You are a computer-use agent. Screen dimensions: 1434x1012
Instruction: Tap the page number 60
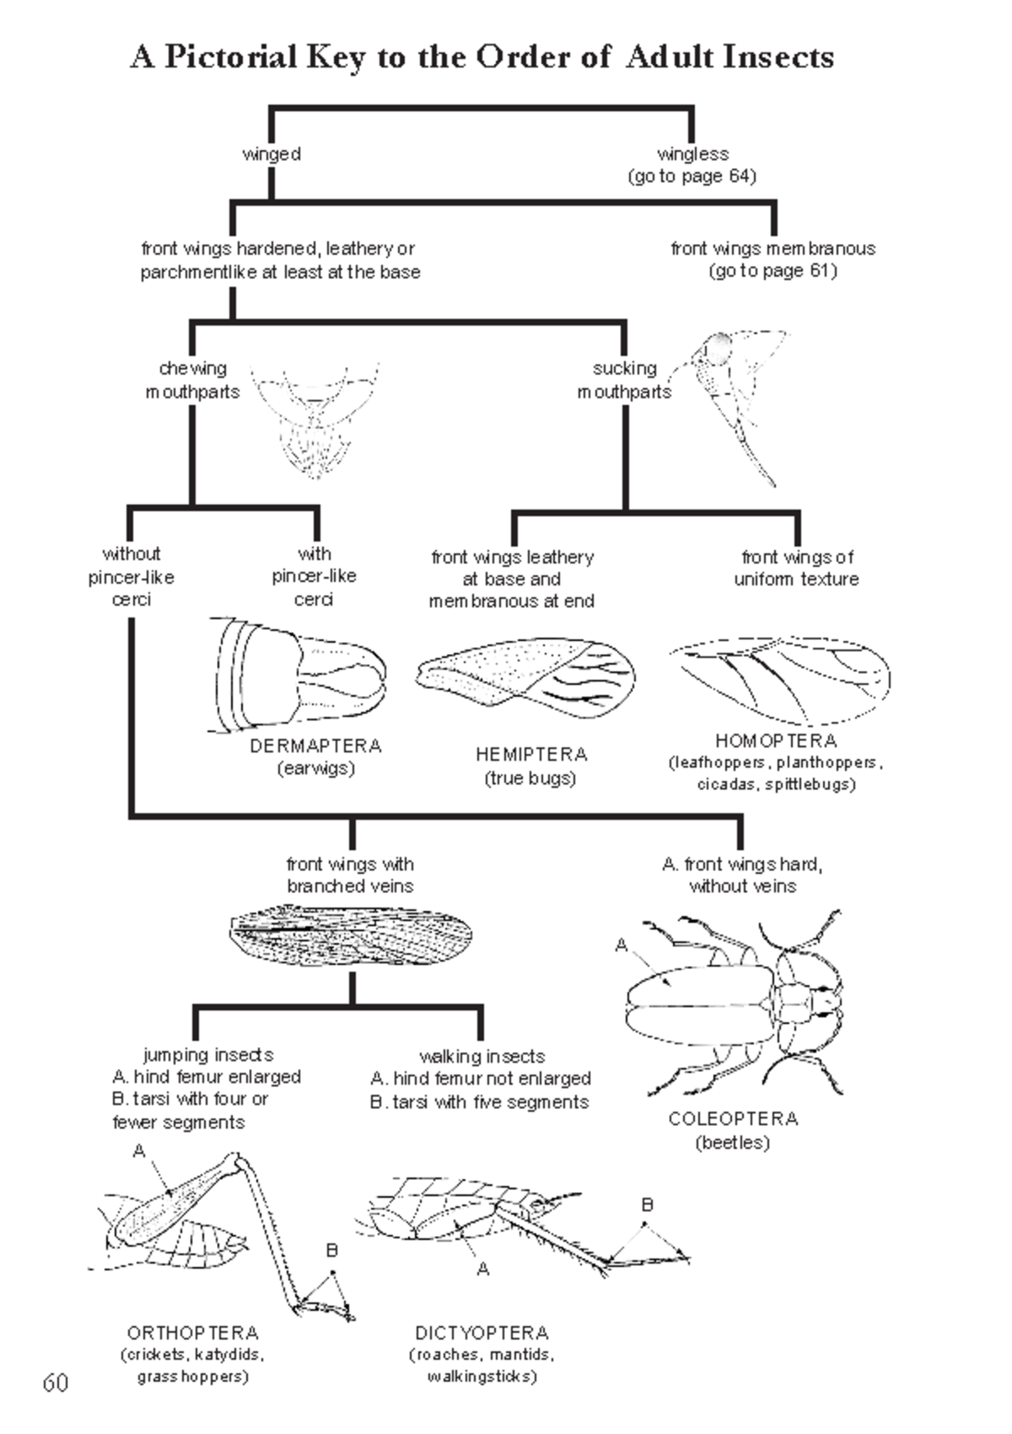56,1383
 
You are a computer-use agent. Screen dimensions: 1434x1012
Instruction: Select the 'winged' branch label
272,154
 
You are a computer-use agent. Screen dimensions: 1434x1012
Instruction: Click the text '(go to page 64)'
692,176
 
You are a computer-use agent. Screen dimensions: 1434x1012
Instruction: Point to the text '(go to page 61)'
772,271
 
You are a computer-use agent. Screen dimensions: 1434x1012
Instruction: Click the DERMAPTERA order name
315,747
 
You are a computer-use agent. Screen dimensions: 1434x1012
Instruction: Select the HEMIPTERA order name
530,755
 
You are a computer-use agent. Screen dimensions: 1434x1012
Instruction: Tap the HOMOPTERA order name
776,741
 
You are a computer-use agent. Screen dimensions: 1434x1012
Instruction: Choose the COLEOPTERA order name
733,1119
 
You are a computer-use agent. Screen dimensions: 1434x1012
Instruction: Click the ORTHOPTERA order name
192,1334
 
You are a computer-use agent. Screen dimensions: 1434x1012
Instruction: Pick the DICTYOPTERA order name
482,1334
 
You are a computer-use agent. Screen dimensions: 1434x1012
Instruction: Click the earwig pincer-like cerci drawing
299,672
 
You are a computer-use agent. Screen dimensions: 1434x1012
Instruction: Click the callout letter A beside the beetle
622,946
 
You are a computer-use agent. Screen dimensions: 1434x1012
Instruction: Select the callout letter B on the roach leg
647,1205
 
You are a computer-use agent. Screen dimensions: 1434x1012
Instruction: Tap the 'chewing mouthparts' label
193,380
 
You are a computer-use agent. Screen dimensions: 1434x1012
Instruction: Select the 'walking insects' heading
482,1056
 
